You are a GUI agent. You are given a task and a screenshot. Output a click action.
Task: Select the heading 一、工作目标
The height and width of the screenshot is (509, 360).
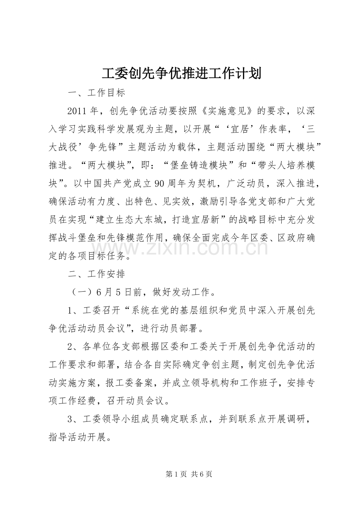pos(96,93)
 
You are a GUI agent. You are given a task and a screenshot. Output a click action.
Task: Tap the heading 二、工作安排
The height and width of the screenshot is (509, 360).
pos(96,274)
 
